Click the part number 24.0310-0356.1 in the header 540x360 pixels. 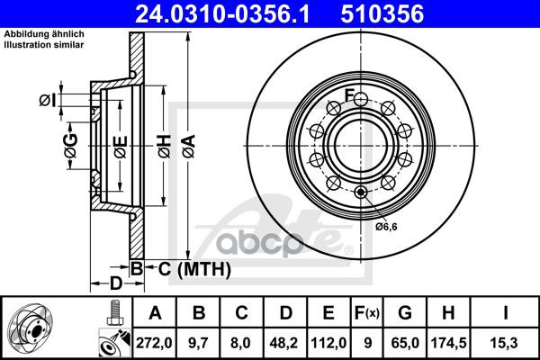point(222,13)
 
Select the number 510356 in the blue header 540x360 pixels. point(382,13)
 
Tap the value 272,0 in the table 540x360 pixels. point(154,343)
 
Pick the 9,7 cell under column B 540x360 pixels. point(198,343)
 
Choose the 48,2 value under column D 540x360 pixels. point(285,343)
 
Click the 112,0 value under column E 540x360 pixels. point(328,343)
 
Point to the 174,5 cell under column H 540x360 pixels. point(449,343)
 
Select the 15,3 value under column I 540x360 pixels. point(505,343)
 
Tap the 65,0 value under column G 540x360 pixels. point(405,343)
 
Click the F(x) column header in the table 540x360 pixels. point(367,313)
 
